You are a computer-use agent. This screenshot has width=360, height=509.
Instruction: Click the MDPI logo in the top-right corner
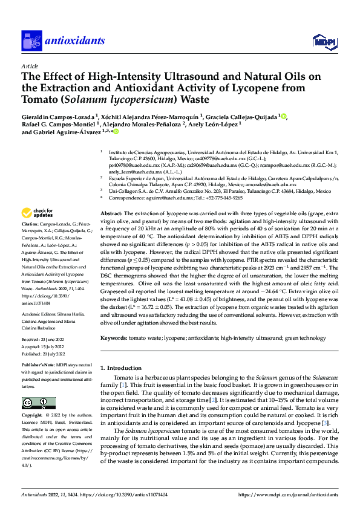pos(321,41)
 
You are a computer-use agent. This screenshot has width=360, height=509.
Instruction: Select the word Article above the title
pos(30,66)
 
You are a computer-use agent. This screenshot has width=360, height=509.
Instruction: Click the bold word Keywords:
pos(114,337)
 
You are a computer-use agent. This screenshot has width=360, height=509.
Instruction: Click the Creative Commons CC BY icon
pos(36,403)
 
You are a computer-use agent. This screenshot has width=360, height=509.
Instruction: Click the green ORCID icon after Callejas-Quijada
pos(284,117)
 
